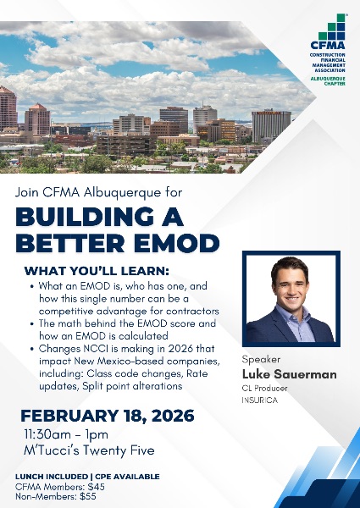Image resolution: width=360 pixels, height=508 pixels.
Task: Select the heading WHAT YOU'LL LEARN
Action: point(97,271)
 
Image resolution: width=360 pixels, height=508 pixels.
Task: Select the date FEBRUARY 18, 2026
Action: point(107,416)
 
